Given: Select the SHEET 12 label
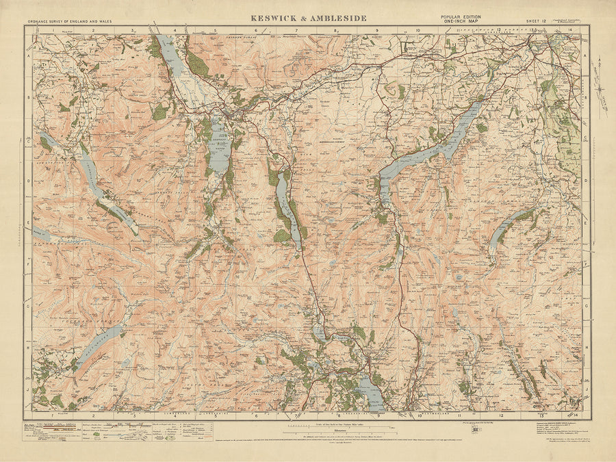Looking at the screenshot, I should tap(536, 22).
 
